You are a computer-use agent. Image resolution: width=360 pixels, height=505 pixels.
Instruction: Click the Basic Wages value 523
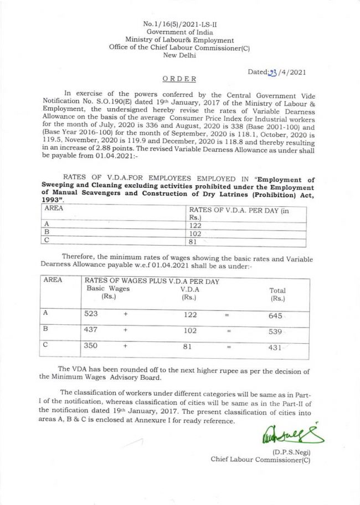point(91,313)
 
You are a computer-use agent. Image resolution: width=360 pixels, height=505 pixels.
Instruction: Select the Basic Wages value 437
point(91,329)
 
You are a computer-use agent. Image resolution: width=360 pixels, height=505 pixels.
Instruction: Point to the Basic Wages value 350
point(91,345)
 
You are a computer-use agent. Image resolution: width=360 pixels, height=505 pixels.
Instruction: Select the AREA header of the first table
point(53,209)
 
